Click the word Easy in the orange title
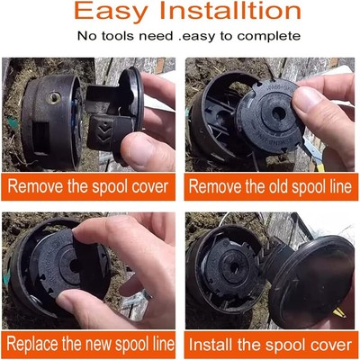click(x=111, y=12)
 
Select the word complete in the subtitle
click(x=269, y=36)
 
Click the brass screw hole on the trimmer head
click(x=54, y=98)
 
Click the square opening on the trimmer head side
click(x=40, y=138)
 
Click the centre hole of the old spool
click(x=279, y=113)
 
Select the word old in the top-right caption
click(x=278, y=186)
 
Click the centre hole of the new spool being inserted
click(x=75, y=265)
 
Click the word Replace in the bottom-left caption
click(x=33, y=344)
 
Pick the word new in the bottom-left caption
click(x=99, y=344)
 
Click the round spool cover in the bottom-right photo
click(x=312, y=281)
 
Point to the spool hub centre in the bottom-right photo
click(x=235, y=266)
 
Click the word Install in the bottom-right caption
click(x=211, y=344)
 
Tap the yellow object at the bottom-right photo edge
click(x=339, y=312)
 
